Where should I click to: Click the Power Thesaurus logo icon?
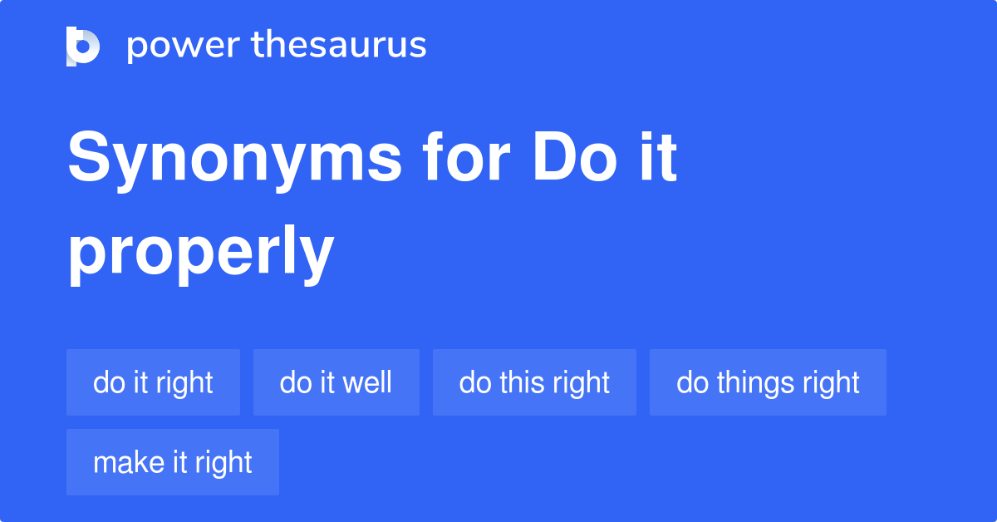83,47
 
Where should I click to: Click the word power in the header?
184,47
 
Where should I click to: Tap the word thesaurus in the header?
339,44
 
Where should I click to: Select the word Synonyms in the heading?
235,161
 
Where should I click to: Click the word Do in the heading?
575,157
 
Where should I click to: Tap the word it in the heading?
659,157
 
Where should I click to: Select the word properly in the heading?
201,254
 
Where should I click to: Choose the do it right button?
153,382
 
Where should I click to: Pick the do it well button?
336,382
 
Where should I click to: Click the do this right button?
534,382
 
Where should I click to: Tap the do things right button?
768,382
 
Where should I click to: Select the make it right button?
173,462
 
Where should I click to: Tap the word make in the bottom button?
129,462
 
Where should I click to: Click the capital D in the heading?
555,157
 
